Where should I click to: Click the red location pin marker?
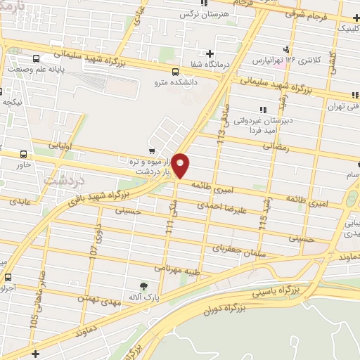[x=181, y=165]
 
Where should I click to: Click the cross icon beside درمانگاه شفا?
[x=210, y=53]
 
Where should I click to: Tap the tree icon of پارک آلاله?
[x=144, y=286]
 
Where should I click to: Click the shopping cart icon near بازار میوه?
[x=151, y=150]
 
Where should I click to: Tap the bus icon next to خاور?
[x=25, y=155]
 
